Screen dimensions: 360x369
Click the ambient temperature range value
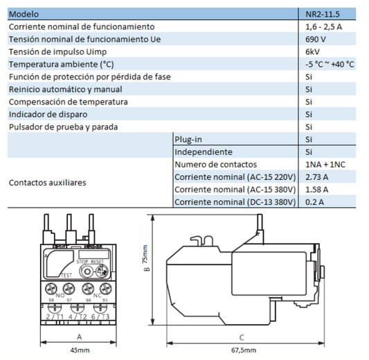[330, 64]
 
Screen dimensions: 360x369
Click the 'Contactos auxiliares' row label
[47, 183]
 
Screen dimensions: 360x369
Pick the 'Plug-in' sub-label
[188, 139]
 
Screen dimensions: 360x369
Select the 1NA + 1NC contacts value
[325, 164]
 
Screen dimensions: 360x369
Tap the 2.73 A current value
[316, 177]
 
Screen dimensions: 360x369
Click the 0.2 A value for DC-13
[314, 201]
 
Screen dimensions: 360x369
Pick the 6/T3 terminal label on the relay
[101, 316]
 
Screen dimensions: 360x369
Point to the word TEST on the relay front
[66, 275]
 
